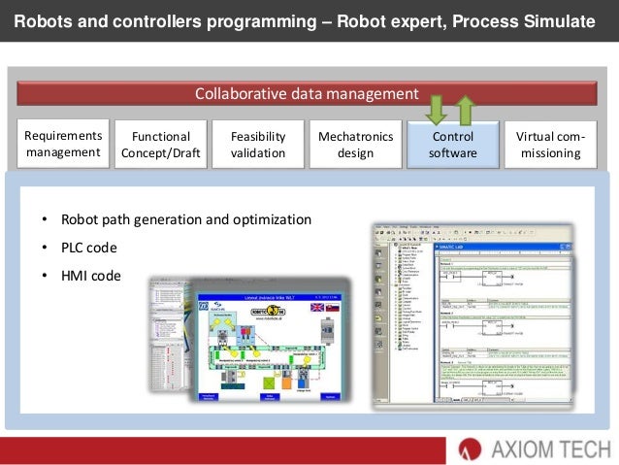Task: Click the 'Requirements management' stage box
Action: tap(63, 145)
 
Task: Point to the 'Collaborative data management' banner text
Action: tap(306, 94)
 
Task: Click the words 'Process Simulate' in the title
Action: tap(538, 19)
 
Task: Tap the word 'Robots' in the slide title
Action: tap(46, 19)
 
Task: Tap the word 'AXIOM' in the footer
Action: tap(516, 448)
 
